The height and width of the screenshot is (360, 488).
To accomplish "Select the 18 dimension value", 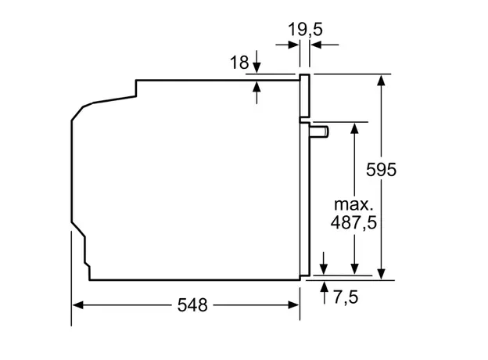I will tap(240, 63).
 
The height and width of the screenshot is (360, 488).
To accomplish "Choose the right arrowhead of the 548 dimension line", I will tap(296, 305).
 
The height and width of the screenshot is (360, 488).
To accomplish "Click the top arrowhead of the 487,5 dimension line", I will tap(355, 127).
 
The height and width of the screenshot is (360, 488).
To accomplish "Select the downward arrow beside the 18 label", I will tap(258, 68).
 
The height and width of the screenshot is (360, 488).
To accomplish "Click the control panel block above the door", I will tap(304, 98).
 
